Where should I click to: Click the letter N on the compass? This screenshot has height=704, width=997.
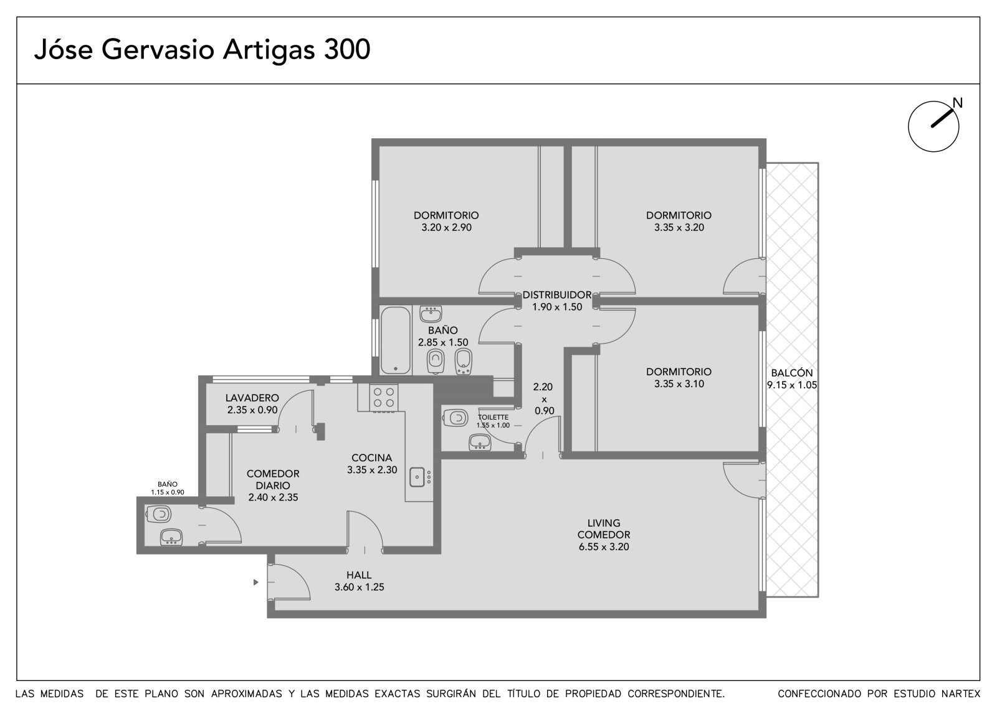click(x=957, y=103)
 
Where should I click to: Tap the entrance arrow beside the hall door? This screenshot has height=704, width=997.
click(x=255, y=582)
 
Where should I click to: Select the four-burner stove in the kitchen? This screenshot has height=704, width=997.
click(x=384, y=398)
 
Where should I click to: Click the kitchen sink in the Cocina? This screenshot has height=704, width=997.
click(x=417, y=477)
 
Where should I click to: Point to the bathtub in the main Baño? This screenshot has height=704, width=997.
click(x=395, y=340)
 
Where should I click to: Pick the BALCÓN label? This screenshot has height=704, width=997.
click(x=792, y=373)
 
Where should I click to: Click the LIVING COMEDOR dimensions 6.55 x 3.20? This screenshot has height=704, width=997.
click(x=604, y=547)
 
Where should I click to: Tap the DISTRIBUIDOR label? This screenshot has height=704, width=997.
click(x=557, y=295)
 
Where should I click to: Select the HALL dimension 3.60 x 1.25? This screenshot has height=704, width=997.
click(x=359, y=587)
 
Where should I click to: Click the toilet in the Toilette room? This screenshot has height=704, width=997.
click(x=456, y=418)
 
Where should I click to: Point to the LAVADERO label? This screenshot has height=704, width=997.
click(x=252, y=398)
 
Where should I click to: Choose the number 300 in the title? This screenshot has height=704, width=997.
click(x=346, y=49)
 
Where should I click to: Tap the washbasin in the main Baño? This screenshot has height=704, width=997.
click(x=431, y=314)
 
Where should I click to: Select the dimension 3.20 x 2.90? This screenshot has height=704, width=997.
click(x=446, y=228)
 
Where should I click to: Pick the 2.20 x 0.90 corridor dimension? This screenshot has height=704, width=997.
click(x=545, y=399)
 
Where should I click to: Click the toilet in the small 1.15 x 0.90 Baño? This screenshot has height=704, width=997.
click(x=158, y=515)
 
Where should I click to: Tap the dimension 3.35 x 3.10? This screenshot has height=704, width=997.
click(x=679, y=384)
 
